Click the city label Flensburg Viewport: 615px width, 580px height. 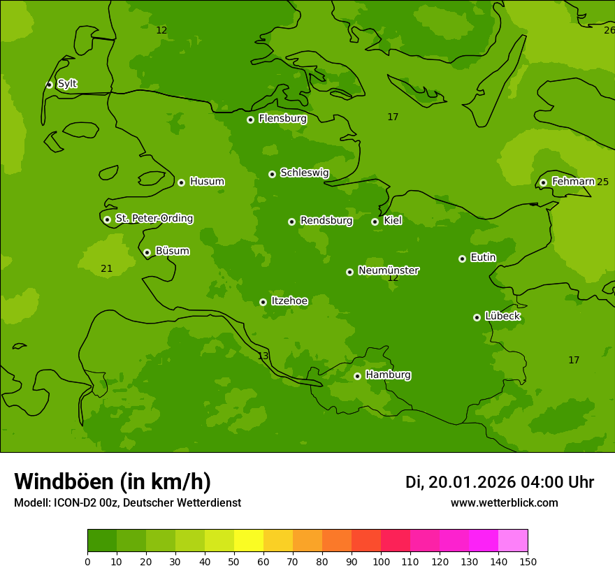[x=282, y=119]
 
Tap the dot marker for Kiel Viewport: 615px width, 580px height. [x=375, y=222]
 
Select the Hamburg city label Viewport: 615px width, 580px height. [x=388, y=375]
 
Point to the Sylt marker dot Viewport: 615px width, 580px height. [x=49, y=85]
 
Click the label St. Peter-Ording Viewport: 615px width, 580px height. [x=154, y=219]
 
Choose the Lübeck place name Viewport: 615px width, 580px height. [x=502, y=317]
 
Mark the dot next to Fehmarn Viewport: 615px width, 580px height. [x=543, y=182]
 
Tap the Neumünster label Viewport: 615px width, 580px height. [x=388, y=270]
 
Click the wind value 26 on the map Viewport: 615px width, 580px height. [x=609, y=30]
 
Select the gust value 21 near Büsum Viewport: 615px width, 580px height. [x=106, y=268]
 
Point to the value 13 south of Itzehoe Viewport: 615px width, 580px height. [x=263, y=356]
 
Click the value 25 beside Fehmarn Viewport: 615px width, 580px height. [x=602, y=182]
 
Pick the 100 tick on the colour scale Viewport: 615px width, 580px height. [x=381, y=561]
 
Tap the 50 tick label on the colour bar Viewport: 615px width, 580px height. [x=234, y=561]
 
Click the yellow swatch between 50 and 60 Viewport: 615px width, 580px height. [x=249, y=540]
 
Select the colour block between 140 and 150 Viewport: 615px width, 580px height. [x=513, y=540]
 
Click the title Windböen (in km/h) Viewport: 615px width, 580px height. [x=113, y=481]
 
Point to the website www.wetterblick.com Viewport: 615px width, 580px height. [x=504, y=503]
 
